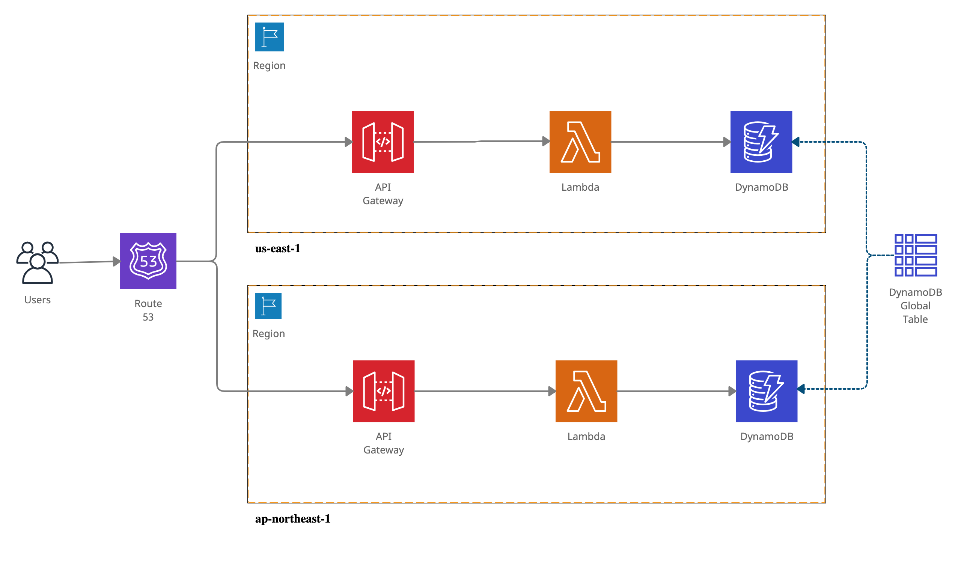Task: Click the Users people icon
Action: coord(38,262)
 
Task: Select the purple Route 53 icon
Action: coord(148,261)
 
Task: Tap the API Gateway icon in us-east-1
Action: coord(383,142)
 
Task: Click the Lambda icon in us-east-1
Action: coord(580,142)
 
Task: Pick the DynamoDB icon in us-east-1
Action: coord(761,142)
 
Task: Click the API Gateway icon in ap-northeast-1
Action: coord(384,391)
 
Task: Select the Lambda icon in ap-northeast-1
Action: coord(586,391)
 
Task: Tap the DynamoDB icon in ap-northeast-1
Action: coord(766,391)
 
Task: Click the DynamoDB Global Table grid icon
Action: coord(915,255)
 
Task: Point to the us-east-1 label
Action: coord(277,249)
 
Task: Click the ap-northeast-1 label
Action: coord(292,519)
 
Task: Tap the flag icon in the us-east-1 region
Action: coord(270,37)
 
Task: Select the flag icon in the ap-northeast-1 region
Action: coord(268,306)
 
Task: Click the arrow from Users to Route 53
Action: coord(90,262)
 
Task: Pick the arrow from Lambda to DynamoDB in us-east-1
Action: coord(670,142)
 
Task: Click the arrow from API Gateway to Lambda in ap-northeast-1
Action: coord(484,391)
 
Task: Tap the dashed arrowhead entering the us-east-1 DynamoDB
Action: coord(796,142)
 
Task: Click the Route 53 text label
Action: coord(148,310)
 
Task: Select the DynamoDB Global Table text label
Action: coord(915,306)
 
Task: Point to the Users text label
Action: coord(38,300)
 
